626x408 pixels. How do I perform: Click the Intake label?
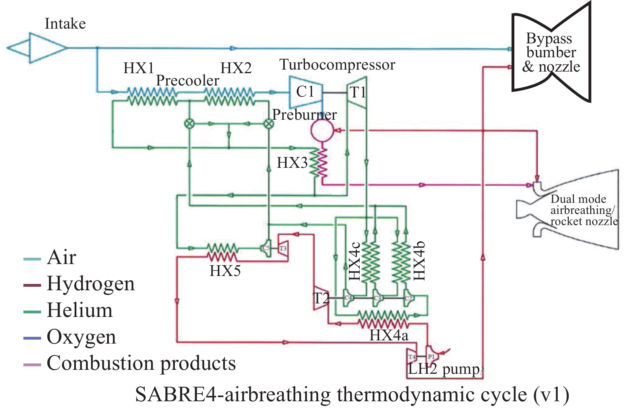65,24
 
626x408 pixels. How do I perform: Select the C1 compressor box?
305,92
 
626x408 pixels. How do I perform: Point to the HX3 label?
292,163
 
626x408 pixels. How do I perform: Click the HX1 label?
138,68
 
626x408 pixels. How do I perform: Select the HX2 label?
236,68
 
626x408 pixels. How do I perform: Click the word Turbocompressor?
337,64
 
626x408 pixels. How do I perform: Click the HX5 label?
225,271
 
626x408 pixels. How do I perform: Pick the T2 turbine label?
321,298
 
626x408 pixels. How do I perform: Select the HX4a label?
389,336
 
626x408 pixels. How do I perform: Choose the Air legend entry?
61,257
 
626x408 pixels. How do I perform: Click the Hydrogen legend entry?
90,284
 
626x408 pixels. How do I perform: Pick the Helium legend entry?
79,310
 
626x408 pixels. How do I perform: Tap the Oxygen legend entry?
81,337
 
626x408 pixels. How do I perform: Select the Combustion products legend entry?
141,363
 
